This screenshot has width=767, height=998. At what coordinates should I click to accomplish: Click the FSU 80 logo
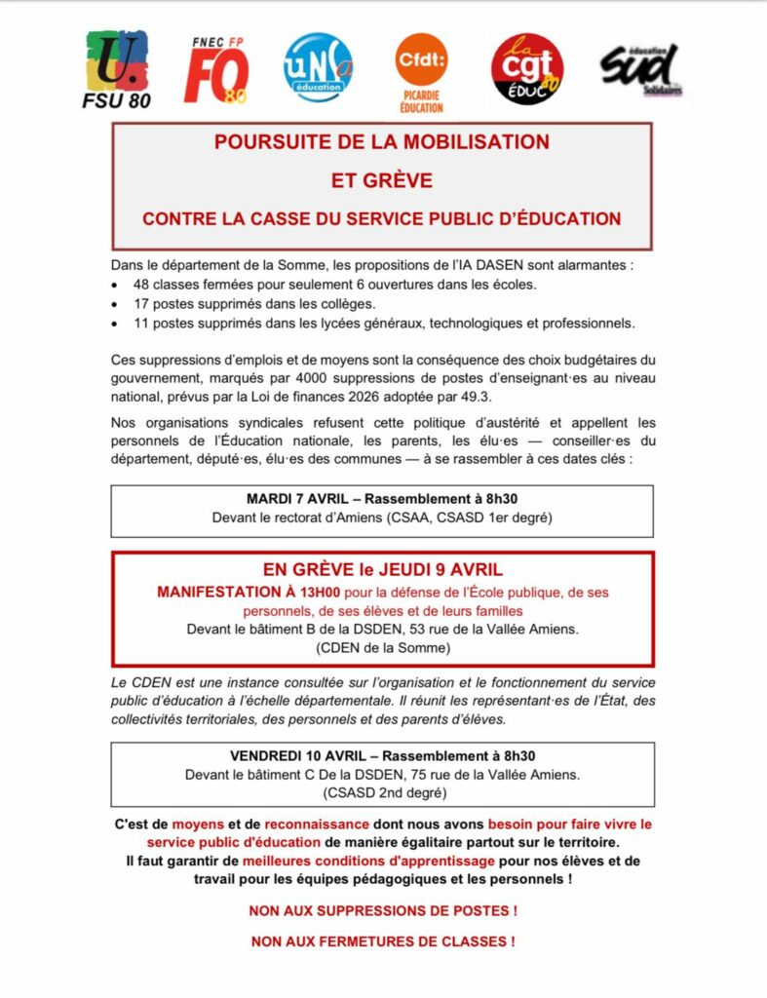(117, 69)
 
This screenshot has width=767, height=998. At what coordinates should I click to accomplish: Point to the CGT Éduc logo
(527, 69)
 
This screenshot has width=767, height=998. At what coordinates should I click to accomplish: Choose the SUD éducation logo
(639, 69)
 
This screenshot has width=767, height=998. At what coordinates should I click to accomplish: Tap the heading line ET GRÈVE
(382, 180)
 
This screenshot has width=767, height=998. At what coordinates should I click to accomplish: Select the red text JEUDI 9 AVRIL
(446, 569)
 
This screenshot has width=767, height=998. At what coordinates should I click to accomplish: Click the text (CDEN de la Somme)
(382, 647)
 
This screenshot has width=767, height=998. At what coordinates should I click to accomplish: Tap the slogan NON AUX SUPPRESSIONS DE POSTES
(382, 911)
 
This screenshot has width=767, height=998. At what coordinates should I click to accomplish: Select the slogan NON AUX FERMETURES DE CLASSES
(382, 941)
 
